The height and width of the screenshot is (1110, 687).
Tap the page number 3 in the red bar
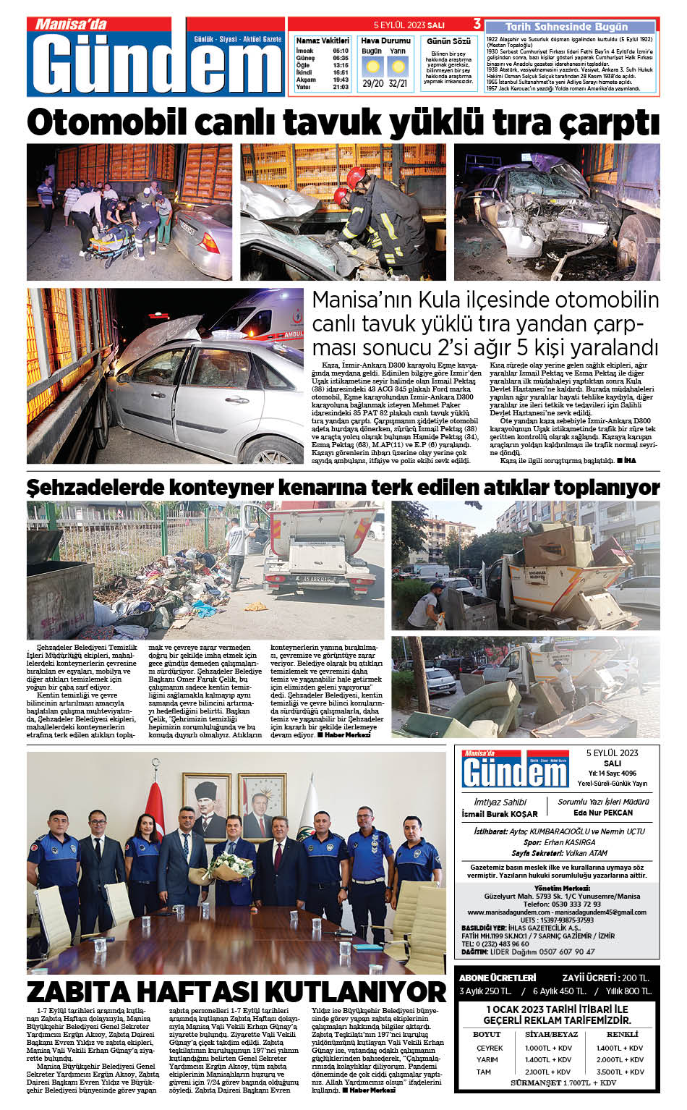477,24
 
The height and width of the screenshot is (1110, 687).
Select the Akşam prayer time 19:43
341,80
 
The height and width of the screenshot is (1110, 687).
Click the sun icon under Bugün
372,67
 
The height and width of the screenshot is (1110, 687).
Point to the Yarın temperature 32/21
398,83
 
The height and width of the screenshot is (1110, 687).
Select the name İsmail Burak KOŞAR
500,814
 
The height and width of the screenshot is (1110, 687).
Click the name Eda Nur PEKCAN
603,813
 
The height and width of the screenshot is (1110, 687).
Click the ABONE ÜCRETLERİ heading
498,978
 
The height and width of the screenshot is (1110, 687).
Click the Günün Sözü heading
448,41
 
